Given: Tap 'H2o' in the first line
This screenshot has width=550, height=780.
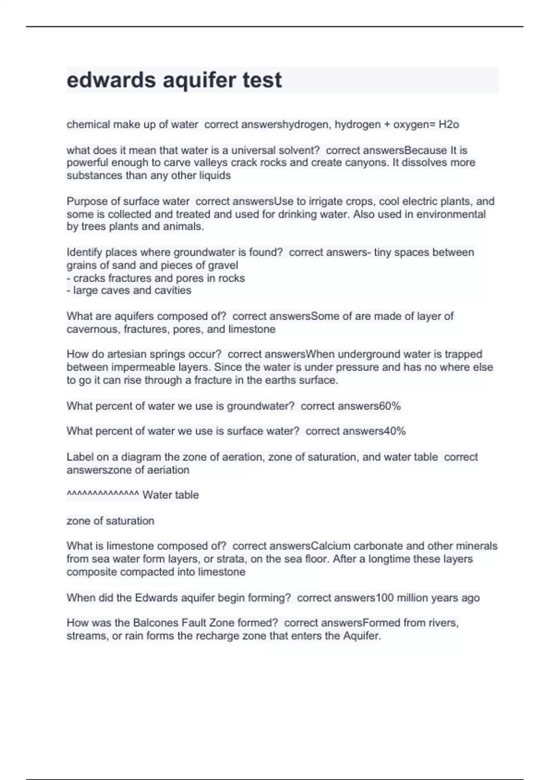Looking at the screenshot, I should (449, 125).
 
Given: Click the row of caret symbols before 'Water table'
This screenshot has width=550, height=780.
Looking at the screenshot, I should (103, 494).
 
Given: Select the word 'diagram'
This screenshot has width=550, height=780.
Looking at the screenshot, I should (141, 457).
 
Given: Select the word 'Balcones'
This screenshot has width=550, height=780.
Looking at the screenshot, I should (155, 623).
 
